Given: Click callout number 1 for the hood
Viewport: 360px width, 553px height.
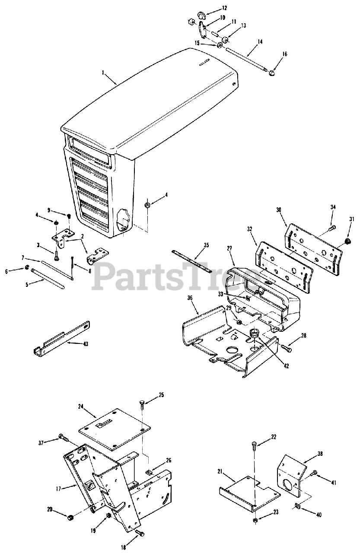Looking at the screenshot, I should pos(103,73).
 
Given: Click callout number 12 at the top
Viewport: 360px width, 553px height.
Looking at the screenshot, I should pos(212,8).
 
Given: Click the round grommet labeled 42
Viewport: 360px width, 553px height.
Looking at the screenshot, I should pos(254,334).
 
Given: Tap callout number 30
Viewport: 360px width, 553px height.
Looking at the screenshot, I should pos(279,210).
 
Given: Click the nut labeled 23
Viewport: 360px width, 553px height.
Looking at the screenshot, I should pos(255,519).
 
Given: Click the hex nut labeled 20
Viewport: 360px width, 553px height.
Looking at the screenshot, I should pos(71,517).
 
